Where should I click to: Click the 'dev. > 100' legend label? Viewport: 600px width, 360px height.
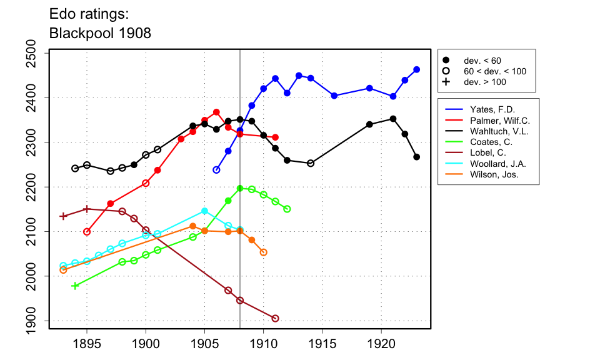[485, 82]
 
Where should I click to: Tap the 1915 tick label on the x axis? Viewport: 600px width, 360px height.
[322, 343]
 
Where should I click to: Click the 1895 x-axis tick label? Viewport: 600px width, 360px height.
[87, 343]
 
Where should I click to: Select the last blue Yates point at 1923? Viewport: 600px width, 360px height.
[417, 69]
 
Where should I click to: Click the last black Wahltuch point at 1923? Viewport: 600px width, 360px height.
[417, 157]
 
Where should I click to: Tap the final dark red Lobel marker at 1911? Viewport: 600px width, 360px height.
[276, 319]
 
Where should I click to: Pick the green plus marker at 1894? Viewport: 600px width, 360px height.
[75, 286]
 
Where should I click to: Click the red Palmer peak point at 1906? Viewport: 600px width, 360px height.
[216, 112]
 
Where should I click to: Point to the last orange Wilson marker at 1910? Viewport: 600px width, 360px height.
[264, 252]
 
